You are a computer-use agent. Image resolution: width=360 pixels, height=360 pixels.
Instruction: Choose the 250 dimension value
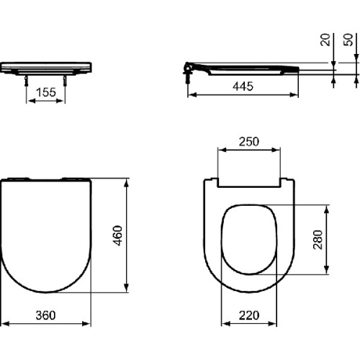pyautogui.click(x=249, y=141)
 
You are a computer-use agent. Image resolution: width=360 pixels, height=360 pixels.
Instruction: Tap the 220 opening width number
pyautogui.click(x=249, y=315)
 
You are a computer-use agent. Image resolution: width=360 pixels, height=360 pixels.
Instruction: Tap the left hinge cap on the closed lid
pyautogui.click(x=22, y=178)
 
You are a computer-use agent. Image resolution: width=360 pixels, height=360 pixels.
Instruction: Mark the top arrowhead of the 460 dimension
pyautogui.click(x=128, y=178)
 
